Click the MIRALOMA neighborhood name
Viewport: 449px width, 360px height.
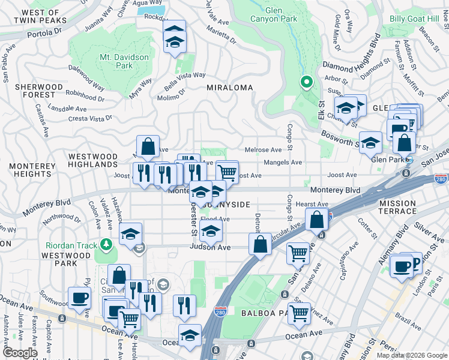coord(229,88)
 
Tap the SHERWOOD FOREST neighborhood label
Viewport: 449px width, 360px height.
coord(39,91)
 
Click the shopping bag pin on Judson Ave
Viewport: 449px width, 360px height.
coord(260,244)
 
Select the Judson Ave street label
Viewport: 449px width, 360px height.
coord(210,247)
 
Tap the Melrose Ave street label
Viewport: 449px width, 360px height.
coord(263,150)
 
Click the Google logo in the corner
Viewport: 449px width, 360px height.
coord(20,353)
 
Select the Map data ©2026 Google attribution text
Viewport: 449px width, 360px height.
coord(411,355)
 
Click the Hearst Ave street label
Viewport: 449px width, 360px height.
coord(316,205)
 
